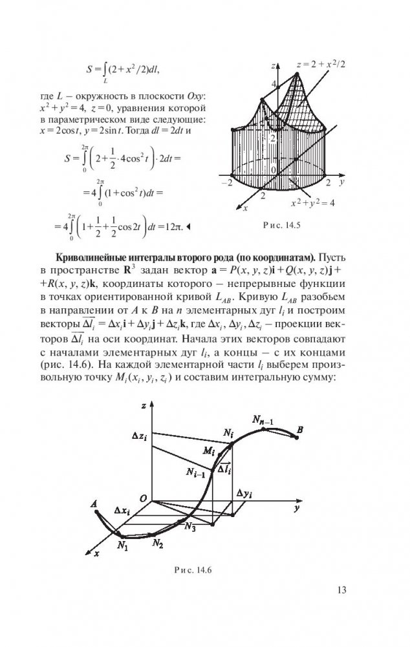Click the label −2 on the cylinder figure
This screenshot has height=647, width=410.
(x=226, y=184)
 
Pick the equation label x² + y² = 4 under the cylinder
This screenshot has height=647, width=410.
(x=312, y=203)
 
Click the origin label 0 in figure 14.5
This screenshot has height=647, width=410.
(x=273, y=170)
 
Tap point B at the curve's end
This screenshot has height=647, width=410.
(x=299, y=429)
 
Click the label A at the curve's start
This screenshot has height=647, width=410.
(x=96, y=504)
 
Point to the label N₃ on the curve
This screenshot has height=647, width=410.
(x=190, y=527)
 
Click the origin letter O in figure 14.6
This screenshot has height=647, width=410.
(x=144, y=495)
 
